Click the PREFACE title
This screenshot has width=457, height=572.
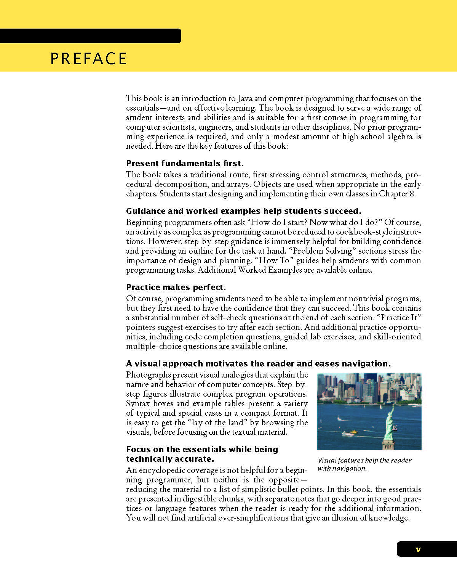pyautogui.click(x=88, y=59)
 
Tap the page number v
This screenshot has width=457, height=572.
pyautogui.click(x=418, y=550)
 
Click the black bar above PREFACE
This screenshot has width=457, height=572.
pyautogui.click(x=90, y=36)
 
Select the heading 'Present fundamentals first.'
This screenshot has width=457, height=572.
pyautogui.click(x=185, y=164)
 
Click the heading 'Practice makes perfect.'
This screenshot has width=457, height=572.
pyautogui.click(x=176, y=288)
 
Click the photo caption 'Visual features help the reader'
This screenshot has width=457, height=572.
pyautogui.click(x=364, y=460)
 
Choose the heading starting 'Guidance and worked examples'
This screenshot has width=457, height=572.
pyautogui.click(x=243, y=211)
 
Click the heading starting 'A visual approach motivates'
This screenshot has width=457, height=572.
pyautogui.click(x=258, y=364)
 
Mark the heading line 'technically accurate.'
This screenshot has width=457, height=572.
pyautogui.click(x=169, y=459)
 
